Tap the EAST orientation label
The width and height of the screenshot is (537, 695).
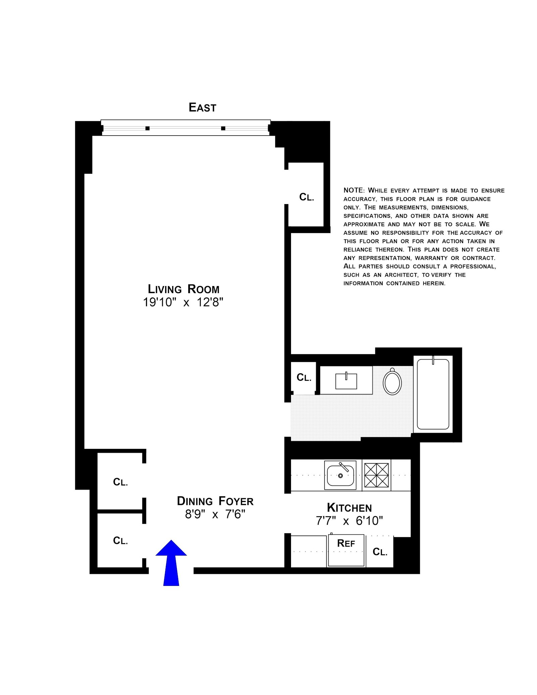pyautogui.click(x=202, y=107)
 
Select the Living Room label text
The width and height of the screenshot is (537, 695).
pyautogui.click(x=184, y=289)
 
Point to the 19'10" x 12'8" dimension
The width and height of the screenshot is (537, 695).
pyautogui.click(x=183, y=303)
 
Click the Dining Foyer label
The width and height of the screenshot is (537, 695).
pyautogui.click(x=215, y=501)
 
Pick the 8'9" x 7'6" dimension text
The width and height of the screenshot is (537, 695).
pyautogui.click(x=215, y=514)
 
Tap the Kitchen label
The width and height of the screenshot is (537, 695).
pyautogui.click(x=349, y=508)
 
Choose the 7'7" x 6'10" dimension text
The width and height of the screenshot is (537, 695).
pyautogui.click(x=349, y=521)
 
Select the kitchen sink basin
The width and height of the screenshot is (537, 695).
pyautogui.click(x=340, y=475)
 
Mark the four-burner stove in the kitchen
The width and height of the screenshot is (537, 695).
pyautogui.click(x=376, y=475)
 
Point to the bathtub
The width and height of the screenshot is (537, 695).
pyautogui.click(x=433, y=394)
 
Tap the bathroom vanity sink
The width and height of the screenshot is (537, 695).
pyautogui.click(x=346, y=381)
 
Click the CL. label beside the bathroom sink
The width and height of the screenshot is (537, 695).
pyautogui.click(x=304, y=378)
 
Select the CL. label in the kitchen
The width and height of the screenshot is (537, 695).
pyautogui.click(x=380, y=552)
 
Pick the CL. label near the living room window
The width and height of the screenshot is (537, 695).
pyautogui.click(x=307, y=197)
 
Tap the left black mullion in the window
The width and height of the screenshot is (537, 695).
pyautogui.click(x=147, y=128)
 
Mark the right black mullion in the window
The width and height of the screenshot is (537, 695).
pyautogui.click(x=223, y=128)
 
